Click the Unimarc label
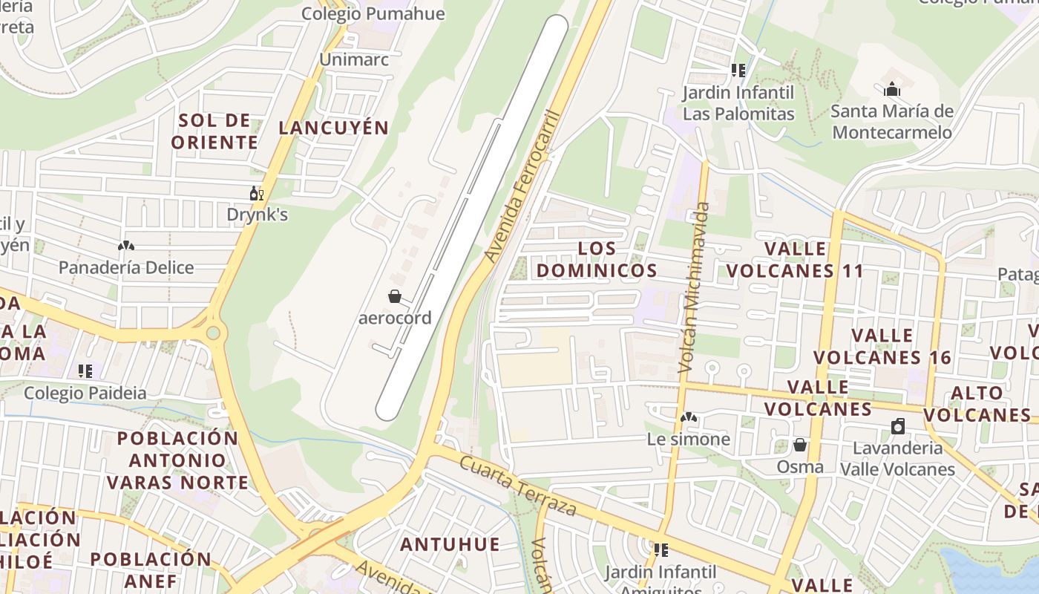pos(354,59)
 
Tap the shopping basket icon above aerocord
pos(395,297)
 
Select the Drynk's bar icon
pos(257,194)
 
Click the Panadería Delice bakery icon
pos(126,246)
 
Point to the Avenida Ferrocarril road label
pos(521,186)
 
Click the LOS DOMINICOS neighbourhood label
pos(597,259)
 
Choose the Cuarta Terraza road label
pos(517,486)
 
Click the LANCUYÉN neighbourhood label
pos(334,128)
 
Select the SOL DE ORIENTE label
pos(214,131)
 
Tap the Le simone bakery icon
pos(689,418)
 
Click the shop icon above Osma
pos(800,446)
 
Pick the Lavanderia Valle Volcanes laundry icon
pos(898,426)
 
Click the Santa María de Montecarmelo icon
pos(892,90)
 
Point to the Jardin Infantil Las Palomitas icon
pos(738,71)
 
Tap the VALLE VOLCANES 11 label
pos(796,260)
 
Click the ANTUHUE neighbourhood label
pos(450,544)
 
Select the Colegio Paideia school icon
pos(85,371)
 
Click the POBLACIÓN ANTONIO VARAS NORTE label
pos(177,460)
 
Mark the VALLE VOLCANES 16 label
pos(882,346)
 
